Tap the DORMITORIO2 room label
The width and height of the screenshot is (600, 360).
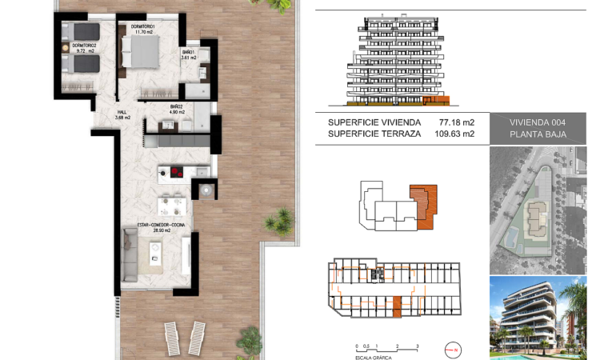click(83, 47)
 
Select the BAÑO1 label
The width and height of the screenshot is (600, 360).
click(189, 55)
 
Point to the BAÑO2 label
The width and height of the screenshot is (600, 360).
click(177, 109)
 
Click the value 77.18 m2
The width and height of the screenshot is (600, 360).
click(457, 122)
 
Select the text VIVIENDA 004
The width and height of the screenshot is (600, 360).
click(538, 122)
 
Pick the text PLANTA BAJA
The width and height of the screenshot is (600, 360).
click(538, 134)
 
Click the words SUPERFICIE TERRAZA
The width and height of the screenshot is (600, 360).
click(374, 134)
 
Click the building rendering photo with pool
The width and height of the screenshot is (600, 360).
click(538, 318)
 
